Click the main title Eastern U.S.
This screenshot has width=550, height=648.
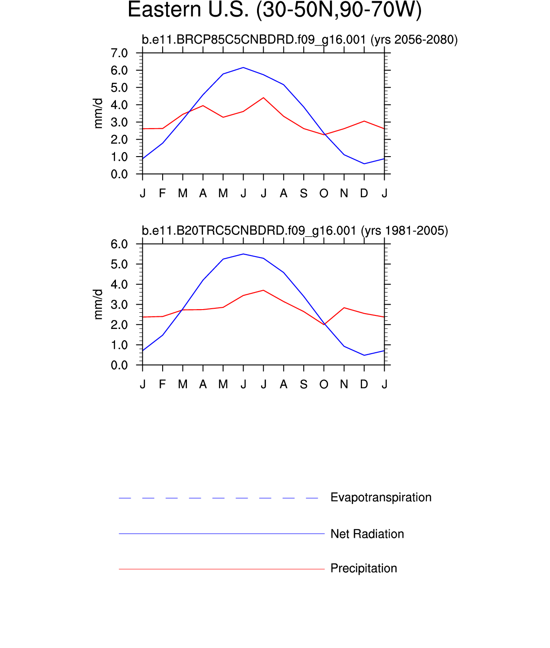coord(275,10)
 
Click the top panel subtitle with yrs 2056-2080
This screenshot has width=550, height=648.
coord(300,40)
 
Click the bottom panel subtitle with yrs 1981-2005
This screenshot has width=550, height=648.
coord(295,231)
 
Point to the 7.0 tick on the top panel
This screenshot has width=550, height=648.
coord(119,53)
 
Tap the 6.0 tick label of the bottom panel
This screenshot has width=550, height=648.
coord(119,244)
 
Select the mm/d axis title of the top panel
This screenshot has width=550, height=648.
coord(98,113)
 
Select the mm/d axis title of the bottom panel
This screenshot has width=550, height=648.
coord(98,305)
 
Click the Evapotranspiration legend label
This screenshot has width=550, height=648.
coord(381,497)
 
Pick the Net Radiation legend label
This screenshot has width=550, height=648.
coord(367,534)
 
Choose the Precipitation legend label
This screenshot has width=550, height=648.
coord(364,568)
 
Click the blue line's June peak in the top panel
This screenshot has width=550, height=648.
coord(243,67)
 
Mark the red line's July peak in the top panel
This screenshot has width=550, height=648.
coord(263,98)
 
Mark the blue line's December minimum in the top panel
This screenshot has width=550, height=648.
coord(364,164)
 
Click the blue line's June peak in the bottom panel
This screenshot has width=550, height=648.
coord(243,254)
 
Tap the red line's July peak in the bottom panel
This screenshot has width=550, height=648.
coord(263,290)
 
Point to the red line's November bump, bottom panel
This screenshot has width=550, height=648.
coord(344,308)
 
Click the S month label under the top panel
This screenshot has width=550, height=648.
coord(304,193)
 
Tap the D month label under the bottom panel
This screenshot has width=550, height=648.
coord(364,384)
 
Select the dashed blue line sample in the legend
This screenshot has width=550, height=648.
coord(218,498)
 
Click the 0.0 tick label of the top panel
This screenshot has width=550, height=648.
coord(119,174)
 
